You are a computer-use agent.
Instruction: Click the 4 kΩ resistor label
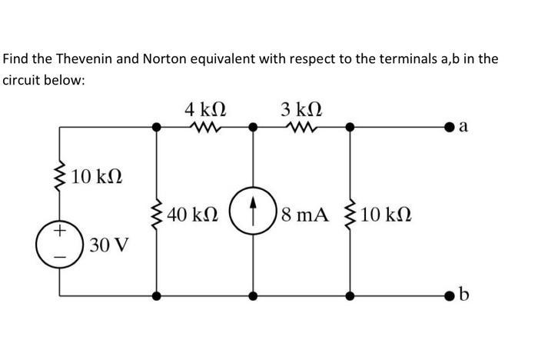coord(204,108)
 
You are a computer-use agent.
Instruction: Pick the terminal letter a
coord(463,127)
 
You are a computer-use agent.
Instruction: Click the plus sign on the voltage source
coord(60,230)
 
